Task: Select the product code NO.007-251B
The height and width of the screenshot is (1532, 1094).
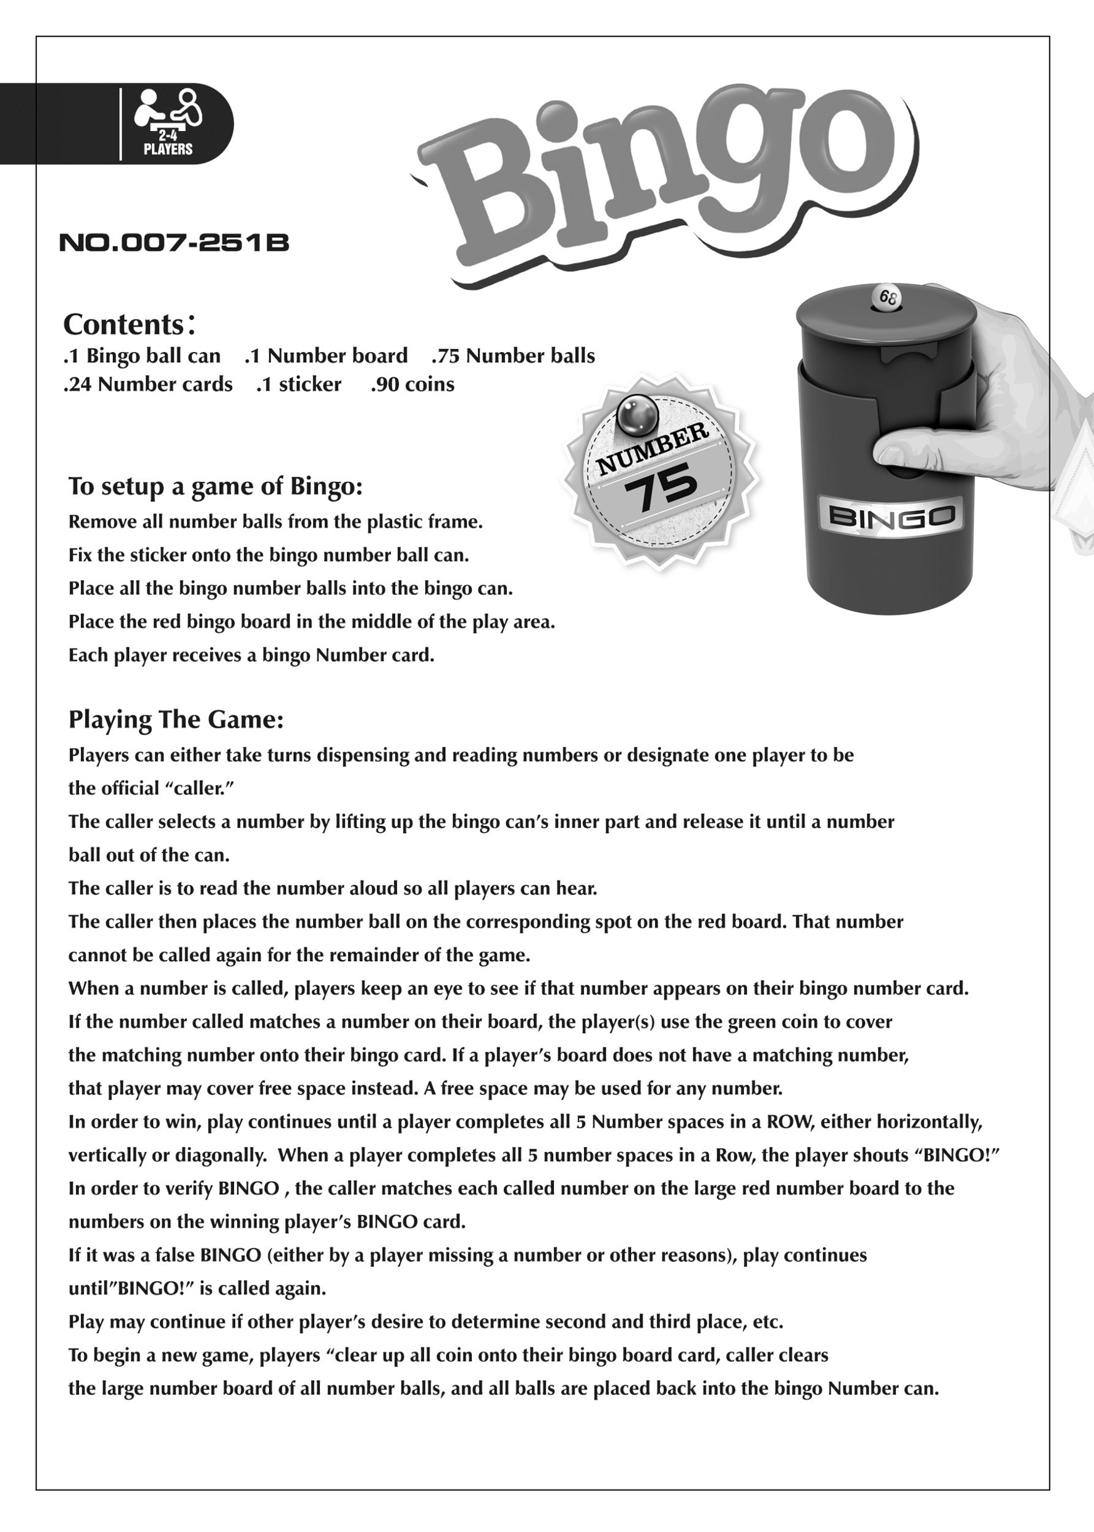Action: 174,243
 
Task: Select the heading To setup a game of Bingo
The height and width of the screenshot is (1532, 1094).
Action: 215,487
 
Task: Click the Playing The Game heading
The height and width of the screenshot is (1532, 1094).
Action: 176,720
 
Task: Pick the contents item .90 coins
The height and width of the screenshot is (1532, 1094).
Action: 412,385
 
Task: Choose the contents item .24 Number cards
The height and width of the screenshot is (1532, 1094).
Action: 148,385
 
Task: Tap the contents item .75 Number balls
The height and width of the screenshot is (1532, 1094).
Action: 513,356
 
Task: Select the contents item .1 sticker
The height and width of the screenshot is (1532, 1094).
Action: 298,385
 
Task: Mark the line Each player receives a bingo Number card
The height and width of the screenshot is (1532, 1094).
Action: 251,655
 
